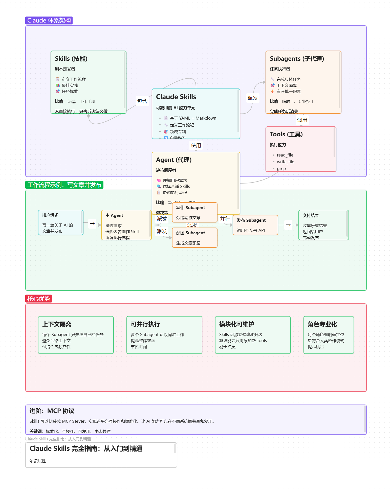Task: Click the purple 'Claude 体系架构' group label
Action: pos(49,20)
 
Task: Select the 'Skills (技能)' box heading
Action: pos(71,59)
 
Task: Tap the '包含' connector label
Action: pos(142,101)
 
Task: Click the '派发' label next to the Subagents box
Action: pos(253,98)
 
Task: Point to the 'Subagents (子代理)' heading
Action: pos(297,59)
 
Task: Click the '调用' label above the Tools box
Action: pos(302,120)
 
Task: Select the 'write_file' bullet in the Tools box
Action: pos(285,162)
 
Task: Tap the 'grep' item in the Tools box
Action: pos(281,168)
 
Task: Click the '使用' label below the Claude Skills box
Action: pos(196,145)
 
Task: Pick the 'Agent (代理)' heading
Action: pos(174,160)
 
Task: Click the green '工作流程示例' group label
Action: pos(64,185)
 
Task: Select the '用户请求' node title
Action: pos(50,215)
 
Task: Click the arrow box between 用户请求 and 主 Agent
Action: pos(92,224)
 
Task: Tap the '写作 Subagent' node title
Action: pos(190,208)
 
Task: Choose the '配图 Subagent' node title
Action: pos(190,233)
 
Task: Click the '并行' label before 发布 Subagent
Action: pos(225,219)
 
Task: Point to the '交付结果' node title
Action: pos(311,215)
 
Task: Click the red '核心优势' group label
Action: pos(38,299)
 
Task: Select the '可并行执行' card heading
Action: pos(145,324)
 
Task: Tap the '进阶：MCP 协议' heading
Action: pos(52,411)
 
